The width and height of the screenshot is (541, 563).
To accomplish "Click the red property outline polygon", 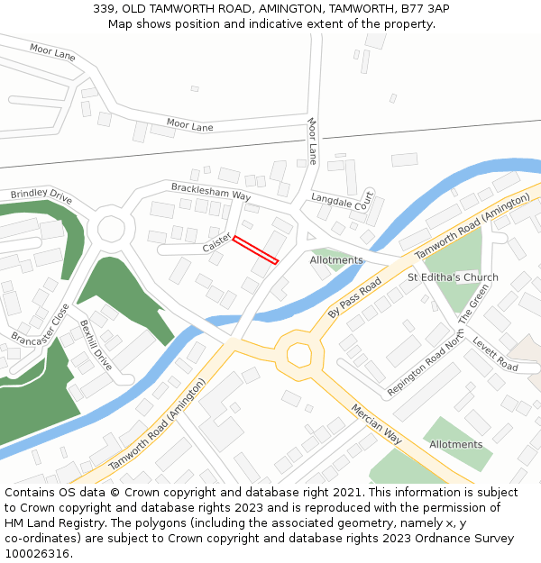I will [x=255, y=250].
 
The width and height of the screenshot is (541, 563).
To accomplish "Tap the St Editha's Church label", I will [x=453, y=277].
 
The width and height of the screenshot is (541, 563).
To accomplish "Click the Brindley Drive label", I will [x=41, y=195].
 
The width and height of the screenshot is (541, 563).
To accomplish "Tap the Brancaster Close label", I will [x=40, y=324].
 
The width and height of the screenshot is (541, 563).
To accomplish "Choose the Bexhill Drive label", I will [x=95, y=345].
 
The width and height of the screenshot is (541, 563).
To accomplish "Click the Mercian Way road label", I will [x=377, y=422].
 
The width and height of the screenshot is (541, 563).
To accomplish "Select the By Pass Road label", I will [x=354, y=297].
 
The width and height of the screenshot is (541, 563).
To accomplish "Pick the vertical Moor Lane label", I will [x=313, y=134].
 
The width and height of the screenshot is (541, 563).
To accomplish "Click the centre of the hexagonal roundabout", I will [x=298, y=355].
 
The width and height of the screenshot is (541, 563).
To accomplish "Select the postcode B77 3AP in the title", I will [x=427, y=9].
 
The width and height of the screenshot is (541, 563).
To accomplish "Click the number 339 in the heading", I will [x=104, y=9].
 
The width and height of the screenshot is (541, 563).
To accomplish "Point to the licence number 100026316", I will [x=38, y=554].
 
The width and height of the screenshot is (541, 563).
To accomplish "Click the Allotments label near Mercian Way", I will [x=455, y=444].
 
